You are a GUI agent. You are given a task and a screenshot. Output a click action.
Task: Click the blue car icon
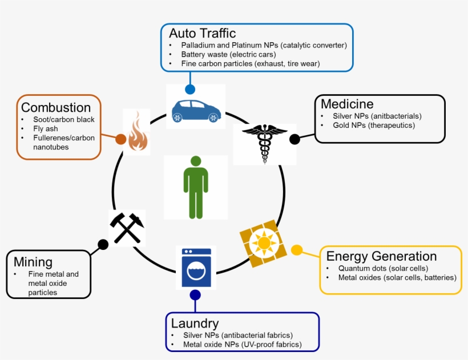click(x=196, y=110)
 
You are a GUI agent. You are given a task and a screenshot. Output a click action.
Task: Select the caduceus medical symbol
click(x=265, y=143)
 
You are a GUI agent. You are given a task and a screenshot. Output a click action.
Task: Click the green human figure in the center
click(x=196, y=187)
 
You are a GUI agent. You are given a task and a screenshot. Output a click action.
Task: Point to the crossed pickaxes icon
click(x=126, y=228)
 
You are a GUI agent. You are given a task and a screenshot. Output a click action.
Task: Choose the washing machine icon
click(x=196, y=267)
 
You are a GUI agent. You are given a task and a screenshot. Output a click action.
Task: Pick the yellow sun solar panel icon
click(x=263, y=242)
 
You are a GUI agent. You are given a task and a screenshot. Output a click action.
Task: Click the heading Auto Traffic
click(x=202, y=33)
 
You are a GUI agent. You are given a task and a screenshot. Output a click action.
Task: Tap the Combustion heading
click(x=56, y=107)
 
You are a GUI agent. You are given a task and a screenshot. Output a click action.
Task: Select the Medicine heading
click(x=347, y=104)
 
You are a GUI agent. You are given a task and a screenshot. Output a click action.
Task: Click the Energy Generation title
click(x=381, y=256)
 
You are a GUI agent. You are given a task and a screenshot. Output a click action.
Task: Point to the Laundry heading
click(x=195, y=323)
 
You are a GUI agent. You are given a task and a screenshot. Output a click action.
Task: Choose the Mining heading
click(x=33, y=262)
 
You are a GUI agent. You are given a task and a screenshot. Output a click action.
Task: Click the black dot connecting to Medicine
click(x=294, y=139)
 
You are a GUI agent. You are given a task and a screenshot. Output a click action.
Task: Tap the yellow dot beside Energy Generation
click(x=297, y=250)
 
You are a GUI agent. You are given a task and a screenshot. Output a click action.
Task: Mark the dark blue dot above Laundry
click(x=195, y=295)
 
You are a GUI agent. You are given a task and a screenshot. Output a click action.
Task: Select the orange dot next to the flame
click(x=120, y=139)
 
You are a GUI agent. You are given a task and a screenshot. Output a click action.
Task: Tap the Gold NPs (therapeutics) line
click(x=374, y=125)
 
